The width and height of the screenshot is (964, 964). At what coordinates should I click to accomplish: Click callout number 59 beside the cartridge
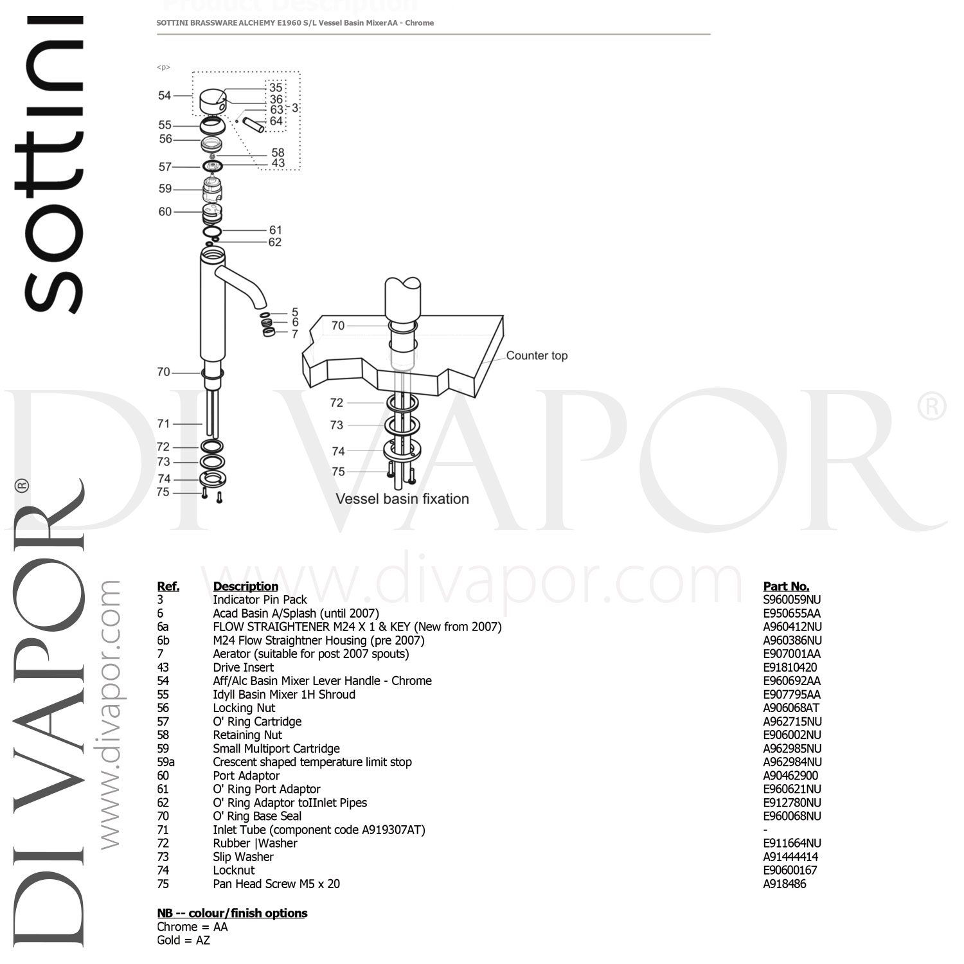[x=165, y=189]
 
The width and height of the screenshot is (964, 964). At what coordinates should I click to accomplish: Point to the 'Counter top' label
[x=537, y=355]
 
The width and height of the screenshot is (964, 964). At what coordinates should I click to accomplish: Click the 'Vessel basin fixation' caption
[x=402, y=499]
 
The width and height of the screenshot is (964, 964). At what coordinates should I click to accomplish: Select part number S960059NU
[x=792, y=600]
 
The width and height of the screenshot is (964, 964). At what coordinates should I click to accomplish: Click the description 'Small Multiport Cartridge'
[x=276, y=748]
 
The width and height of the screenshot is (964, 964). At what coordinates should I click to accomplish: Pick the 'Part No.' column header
[x=786, y=586]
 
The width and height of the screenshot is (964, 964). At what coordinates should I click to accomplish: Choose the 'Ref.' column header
[x=168, y=586]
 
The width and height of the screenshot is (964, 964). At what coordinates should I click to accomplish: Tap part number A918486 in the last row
[x=784, y=884]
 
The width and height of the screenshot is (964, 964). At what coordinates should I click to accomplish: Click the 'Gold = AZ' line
[x=183, y=940]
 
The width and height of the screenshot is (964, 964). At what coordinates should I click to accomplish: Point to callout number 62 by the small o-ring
[x=275, y=242]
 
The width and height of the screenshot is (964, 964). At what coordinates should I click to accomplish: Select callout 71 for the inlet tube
[x=164, y=424]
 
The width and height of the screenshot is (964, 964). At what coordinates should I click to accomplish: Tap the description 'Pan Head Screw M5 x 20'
[x=276, y=884]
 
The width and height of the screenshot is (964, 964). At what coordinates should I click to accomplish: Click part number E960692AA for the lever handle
[x=792, y=681]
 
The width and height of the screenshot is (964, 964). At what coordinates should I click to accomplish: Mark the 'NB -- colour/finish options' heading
[x=232, y=913]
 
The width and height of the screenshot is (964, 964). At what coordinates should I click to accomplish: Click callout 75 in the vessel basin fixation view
[x=338, y=472]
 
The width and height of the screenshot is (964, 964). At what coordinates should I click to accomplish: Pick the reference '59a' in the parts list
[x=166, y=762]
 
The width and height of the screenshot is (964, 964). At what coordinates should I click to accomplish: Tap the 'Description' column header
[x=245, y=586]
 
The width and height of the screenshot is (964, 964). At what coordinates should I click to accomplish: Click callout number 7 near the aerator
[x=295, y=334]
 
